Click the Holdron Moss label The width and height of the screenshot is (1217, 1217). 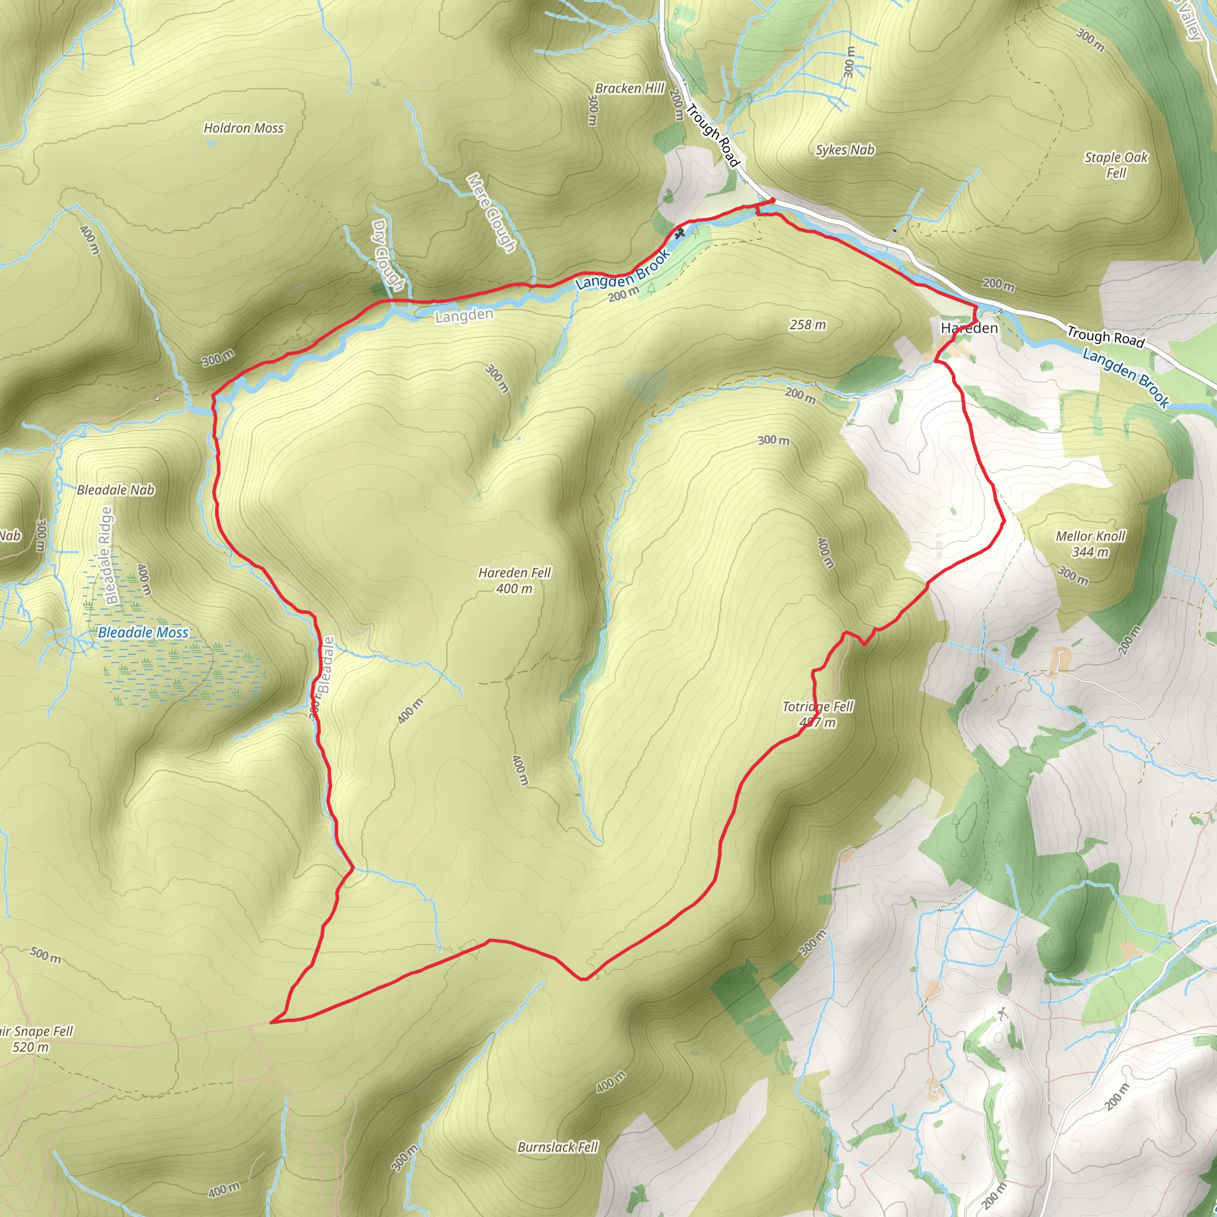pos(243,128)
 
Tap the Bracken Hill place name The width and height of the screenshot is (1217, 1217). pos(629,88)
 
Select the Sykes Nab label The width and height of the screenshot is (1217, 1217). pos(845,150)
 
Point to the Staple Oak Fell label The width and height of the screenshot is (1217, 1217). pos(1115,165)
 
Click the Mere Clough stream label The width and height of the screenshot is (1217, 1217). pos(492,212)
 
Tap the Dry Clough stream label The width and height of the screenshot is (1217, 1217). pos(387,254)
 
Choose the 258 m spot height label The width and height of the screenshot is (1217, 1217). pos(807,324)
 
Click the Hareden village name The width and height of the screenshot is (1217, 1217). pos(969,327)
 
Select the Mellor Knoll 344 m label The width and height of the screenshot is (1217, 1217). pos(1090,544)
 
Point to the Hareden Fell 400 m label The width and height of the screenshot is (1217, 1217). pos(514,580)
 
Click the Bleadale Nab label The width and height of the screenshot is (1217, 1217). pos(115,490)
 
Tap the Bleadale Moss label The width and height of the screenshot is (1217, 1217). pos(143,632)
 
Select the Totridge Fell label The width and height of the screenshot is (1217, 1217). pos(817,707)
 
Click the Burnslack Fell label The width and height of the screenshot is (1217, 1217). pos(557,1146)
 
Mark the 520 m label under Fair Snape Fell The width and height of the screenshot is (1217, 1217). pos(30,1047)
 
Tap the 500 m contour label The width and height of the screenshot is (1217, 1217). pos(46,955)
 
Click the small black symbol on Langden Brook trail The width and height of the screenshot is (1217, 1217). pos(679,234)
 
